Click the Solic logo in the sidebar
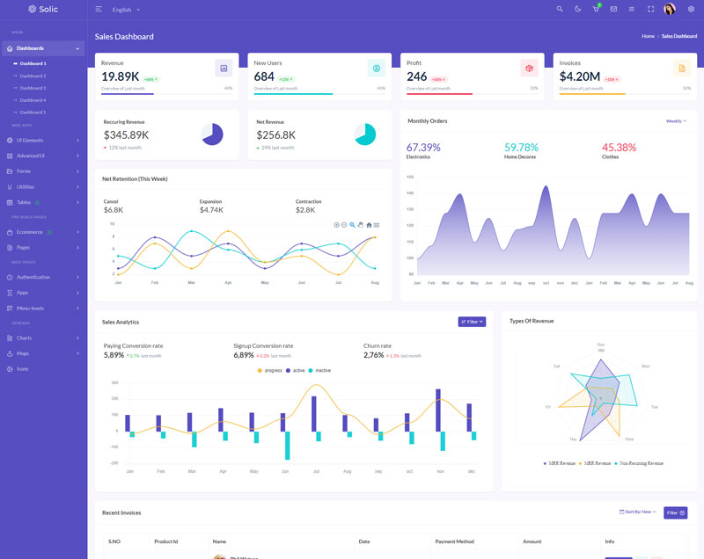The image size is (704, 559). point(42,9)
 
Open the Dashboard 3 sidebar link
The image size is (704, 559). point(33,88)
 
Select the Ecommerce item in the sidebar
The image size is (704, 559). point(30,232)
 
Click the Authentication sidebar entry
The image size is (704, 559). point(33,277)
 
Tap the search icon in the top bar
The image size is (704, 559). point(560,9)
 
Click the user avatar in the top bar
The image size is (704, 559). point(670,9)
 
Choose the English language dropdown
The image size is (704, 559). point(126,10)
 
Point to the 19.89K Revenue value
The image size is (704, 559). point(121,76)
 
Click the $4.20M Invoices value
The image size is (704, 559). point(580,76)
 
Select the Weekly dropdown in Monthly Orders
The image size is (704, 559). point(675,121)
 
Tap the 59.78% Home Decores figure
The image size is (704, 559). point(521,147)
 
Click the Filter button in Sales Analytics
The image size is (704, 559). point(472,322)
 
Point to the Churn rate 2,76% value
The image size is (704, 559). point(374,355)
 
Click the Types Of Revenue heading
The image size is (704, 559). point(532,321)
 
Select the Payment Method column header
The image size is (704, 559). point(454,541)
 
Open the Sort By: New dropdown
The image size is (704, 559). point(638,512)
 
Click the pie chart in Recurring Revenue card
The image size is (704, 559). point(212,134)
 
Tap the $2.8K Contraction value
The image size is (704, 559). point(305,210)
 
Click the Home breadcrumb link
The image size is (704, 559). point(648,36)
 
